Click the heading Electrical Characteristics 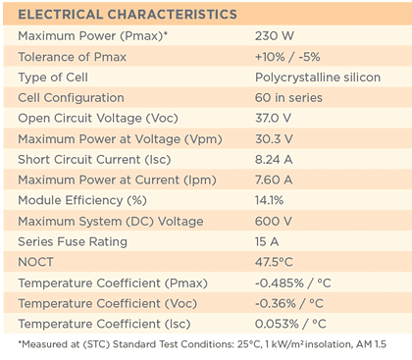tap(128, 15)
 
